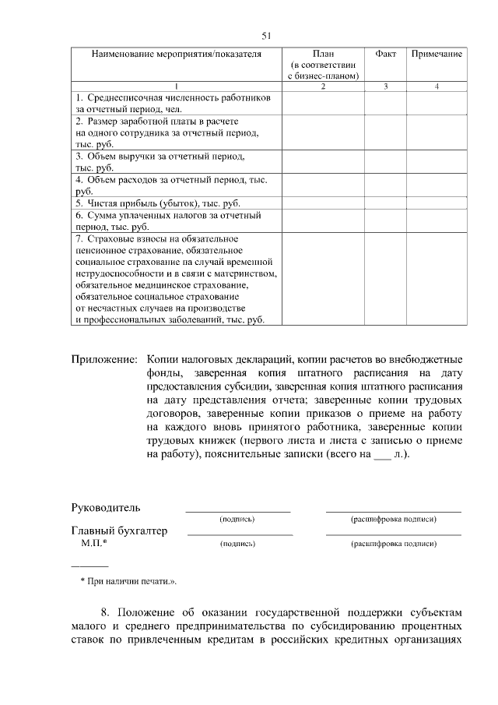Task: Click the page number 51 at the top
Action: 265,36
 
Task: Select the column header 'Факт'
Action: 385,55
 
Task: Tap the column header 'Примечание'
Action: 437,55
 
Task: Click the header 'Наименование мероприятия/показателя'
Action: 176,55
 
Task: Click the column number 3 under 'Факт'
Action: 385,86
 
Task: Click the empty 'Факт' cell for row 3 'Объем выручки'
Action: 385,161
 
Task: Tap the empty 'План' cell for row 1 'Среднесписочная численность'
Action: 323,104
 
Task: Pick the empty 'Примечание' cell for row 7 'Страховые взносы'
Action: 437,278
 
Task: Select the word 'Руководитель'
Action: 106,508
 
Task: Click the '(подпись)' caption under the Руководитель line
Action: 237,519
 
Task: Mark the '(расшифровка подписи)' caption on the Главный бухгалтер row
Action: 393,543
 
